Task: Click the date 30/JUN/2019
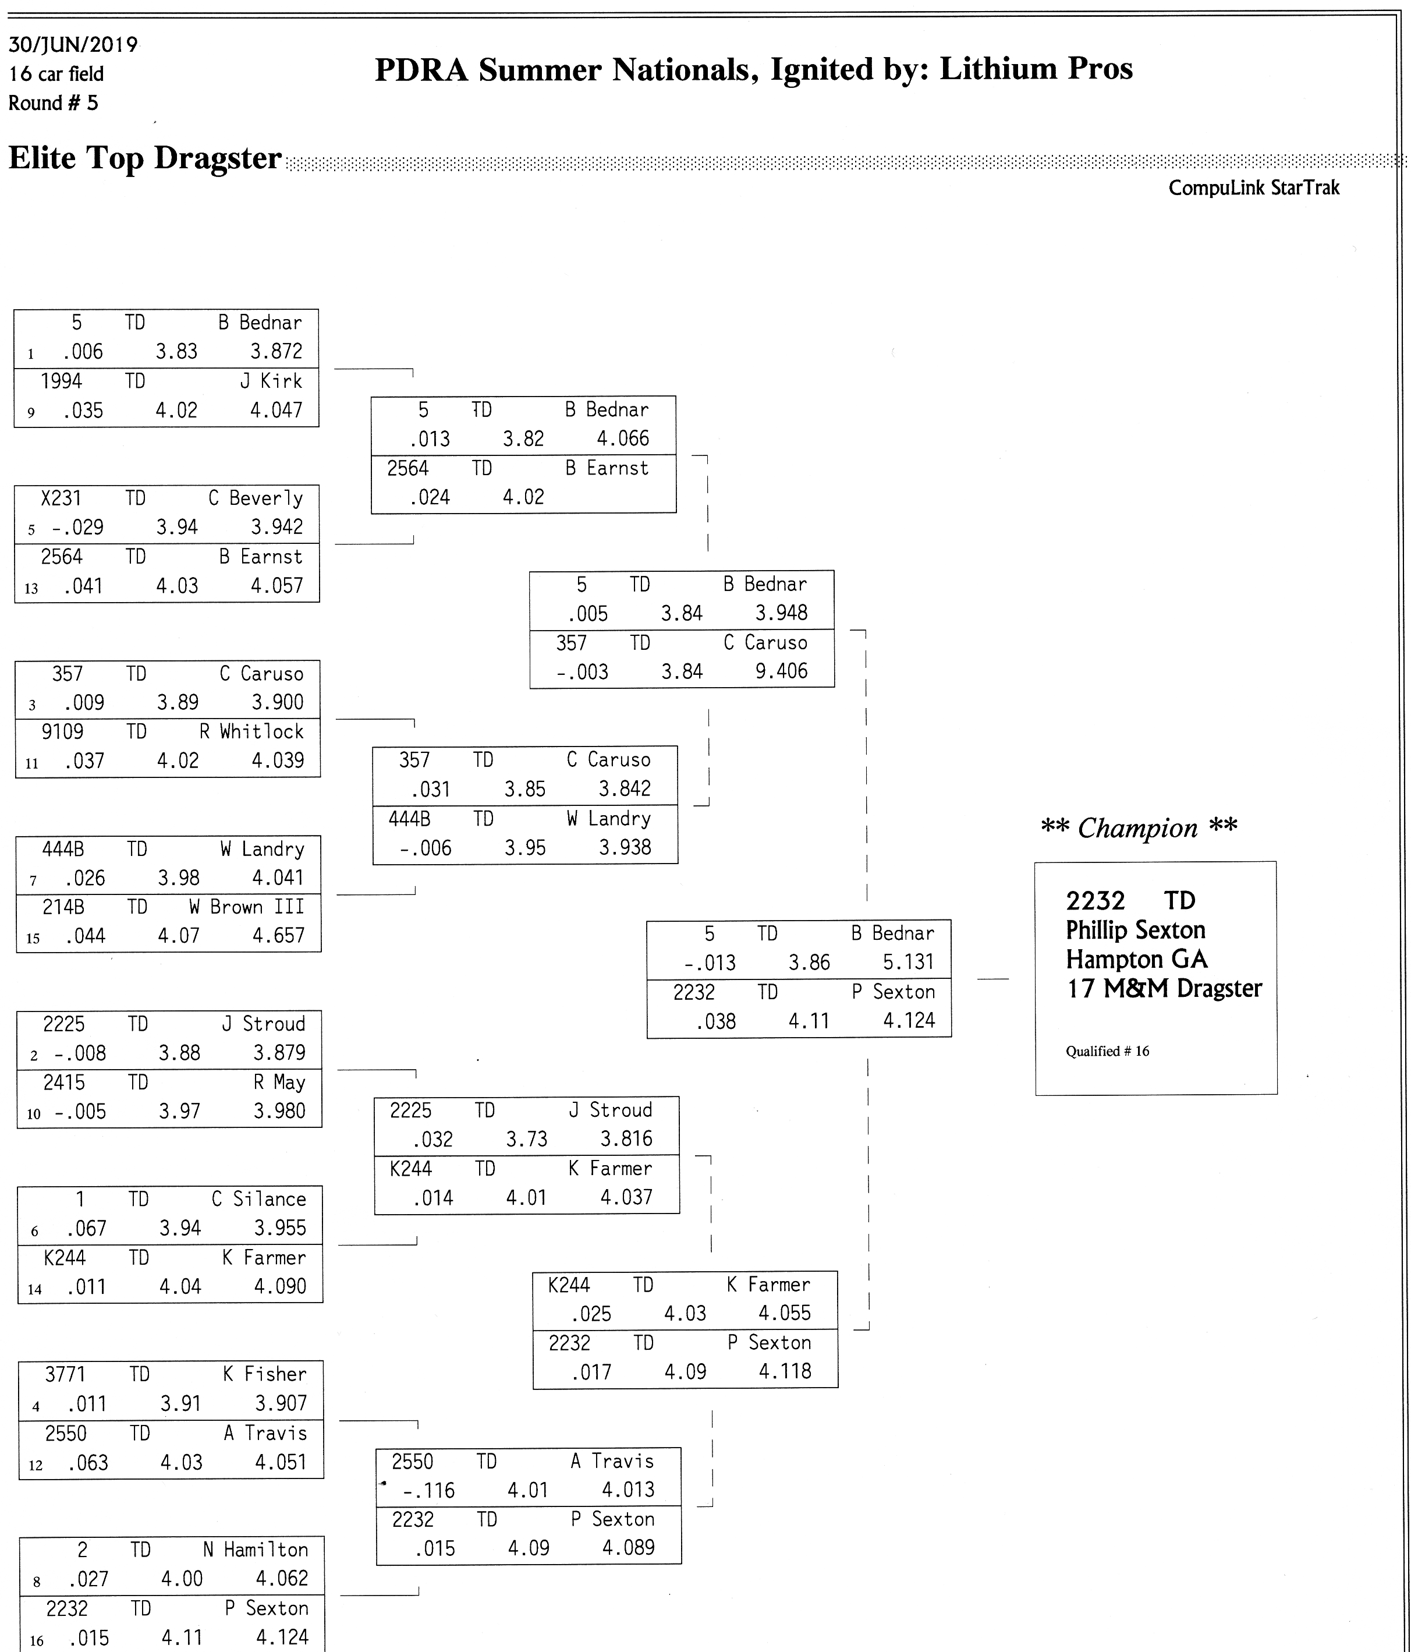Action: pos(73,45)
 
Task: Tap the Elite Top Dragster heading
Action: pos(145,158)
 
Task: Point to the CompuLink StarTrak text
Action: pos(1254,188)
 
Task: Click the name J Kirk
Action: pos(271,381)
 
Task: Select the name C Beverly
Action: pos(256,499)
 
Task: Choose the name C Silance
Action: pos(259,1199)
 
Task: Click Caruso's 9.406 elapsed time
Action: pos(781,671)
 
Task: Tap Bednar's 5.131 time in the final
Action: pos(908,963)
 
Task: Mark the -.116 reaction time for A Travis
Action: pos(429,1491)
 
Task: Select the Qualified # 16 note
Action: pos(1107,1052)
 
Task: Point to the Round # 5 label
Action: pos(54,104)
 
